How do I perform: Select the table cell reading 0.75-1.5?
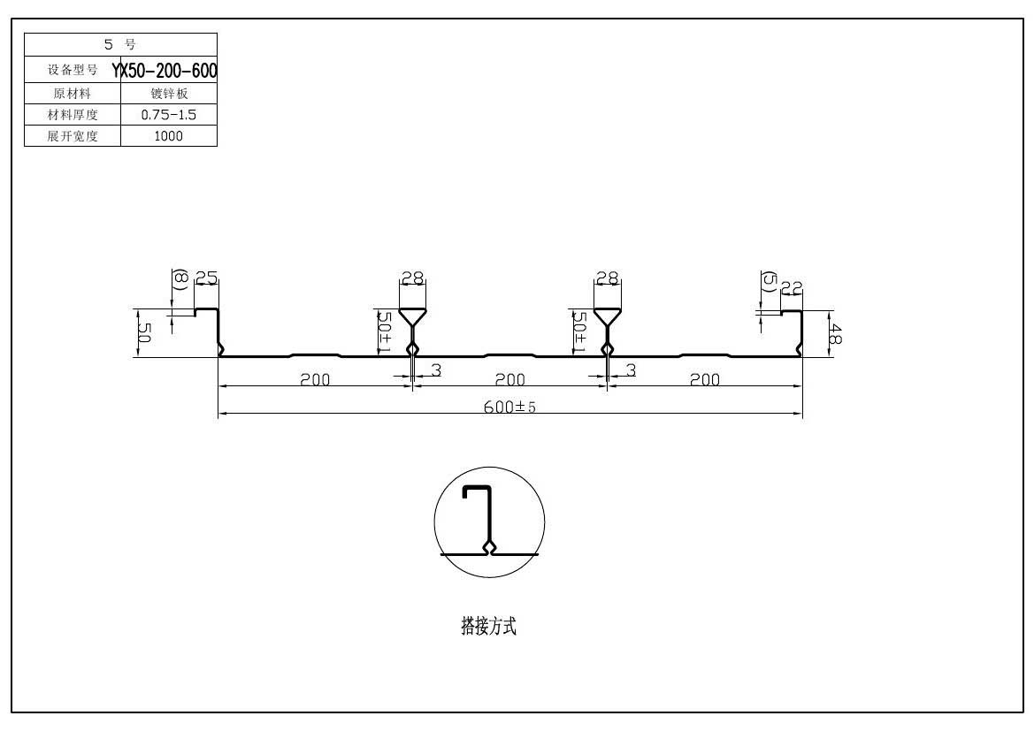tap(168, 114)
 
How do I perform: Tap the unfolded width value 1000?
tap(168, 136)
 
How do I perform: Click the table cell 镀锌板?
tap(168, 93)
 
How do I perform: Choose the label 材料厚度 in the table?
tap(73, 114)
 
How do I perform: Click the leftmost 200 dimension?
tap(315, 380)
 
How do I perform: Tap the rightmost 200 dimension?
tap(704, 380)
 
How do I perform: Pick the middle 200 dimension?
tap(509, 380)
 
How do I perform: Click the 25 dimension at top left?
tap(206, 278)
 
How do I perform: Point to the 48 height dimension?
tap(836, 335)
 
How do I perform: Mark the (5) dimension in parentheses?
tap(768, 282)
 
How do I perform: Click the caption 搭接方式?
tap(488, 627)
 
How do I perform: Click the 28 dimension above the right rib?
tap(607, 278)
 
